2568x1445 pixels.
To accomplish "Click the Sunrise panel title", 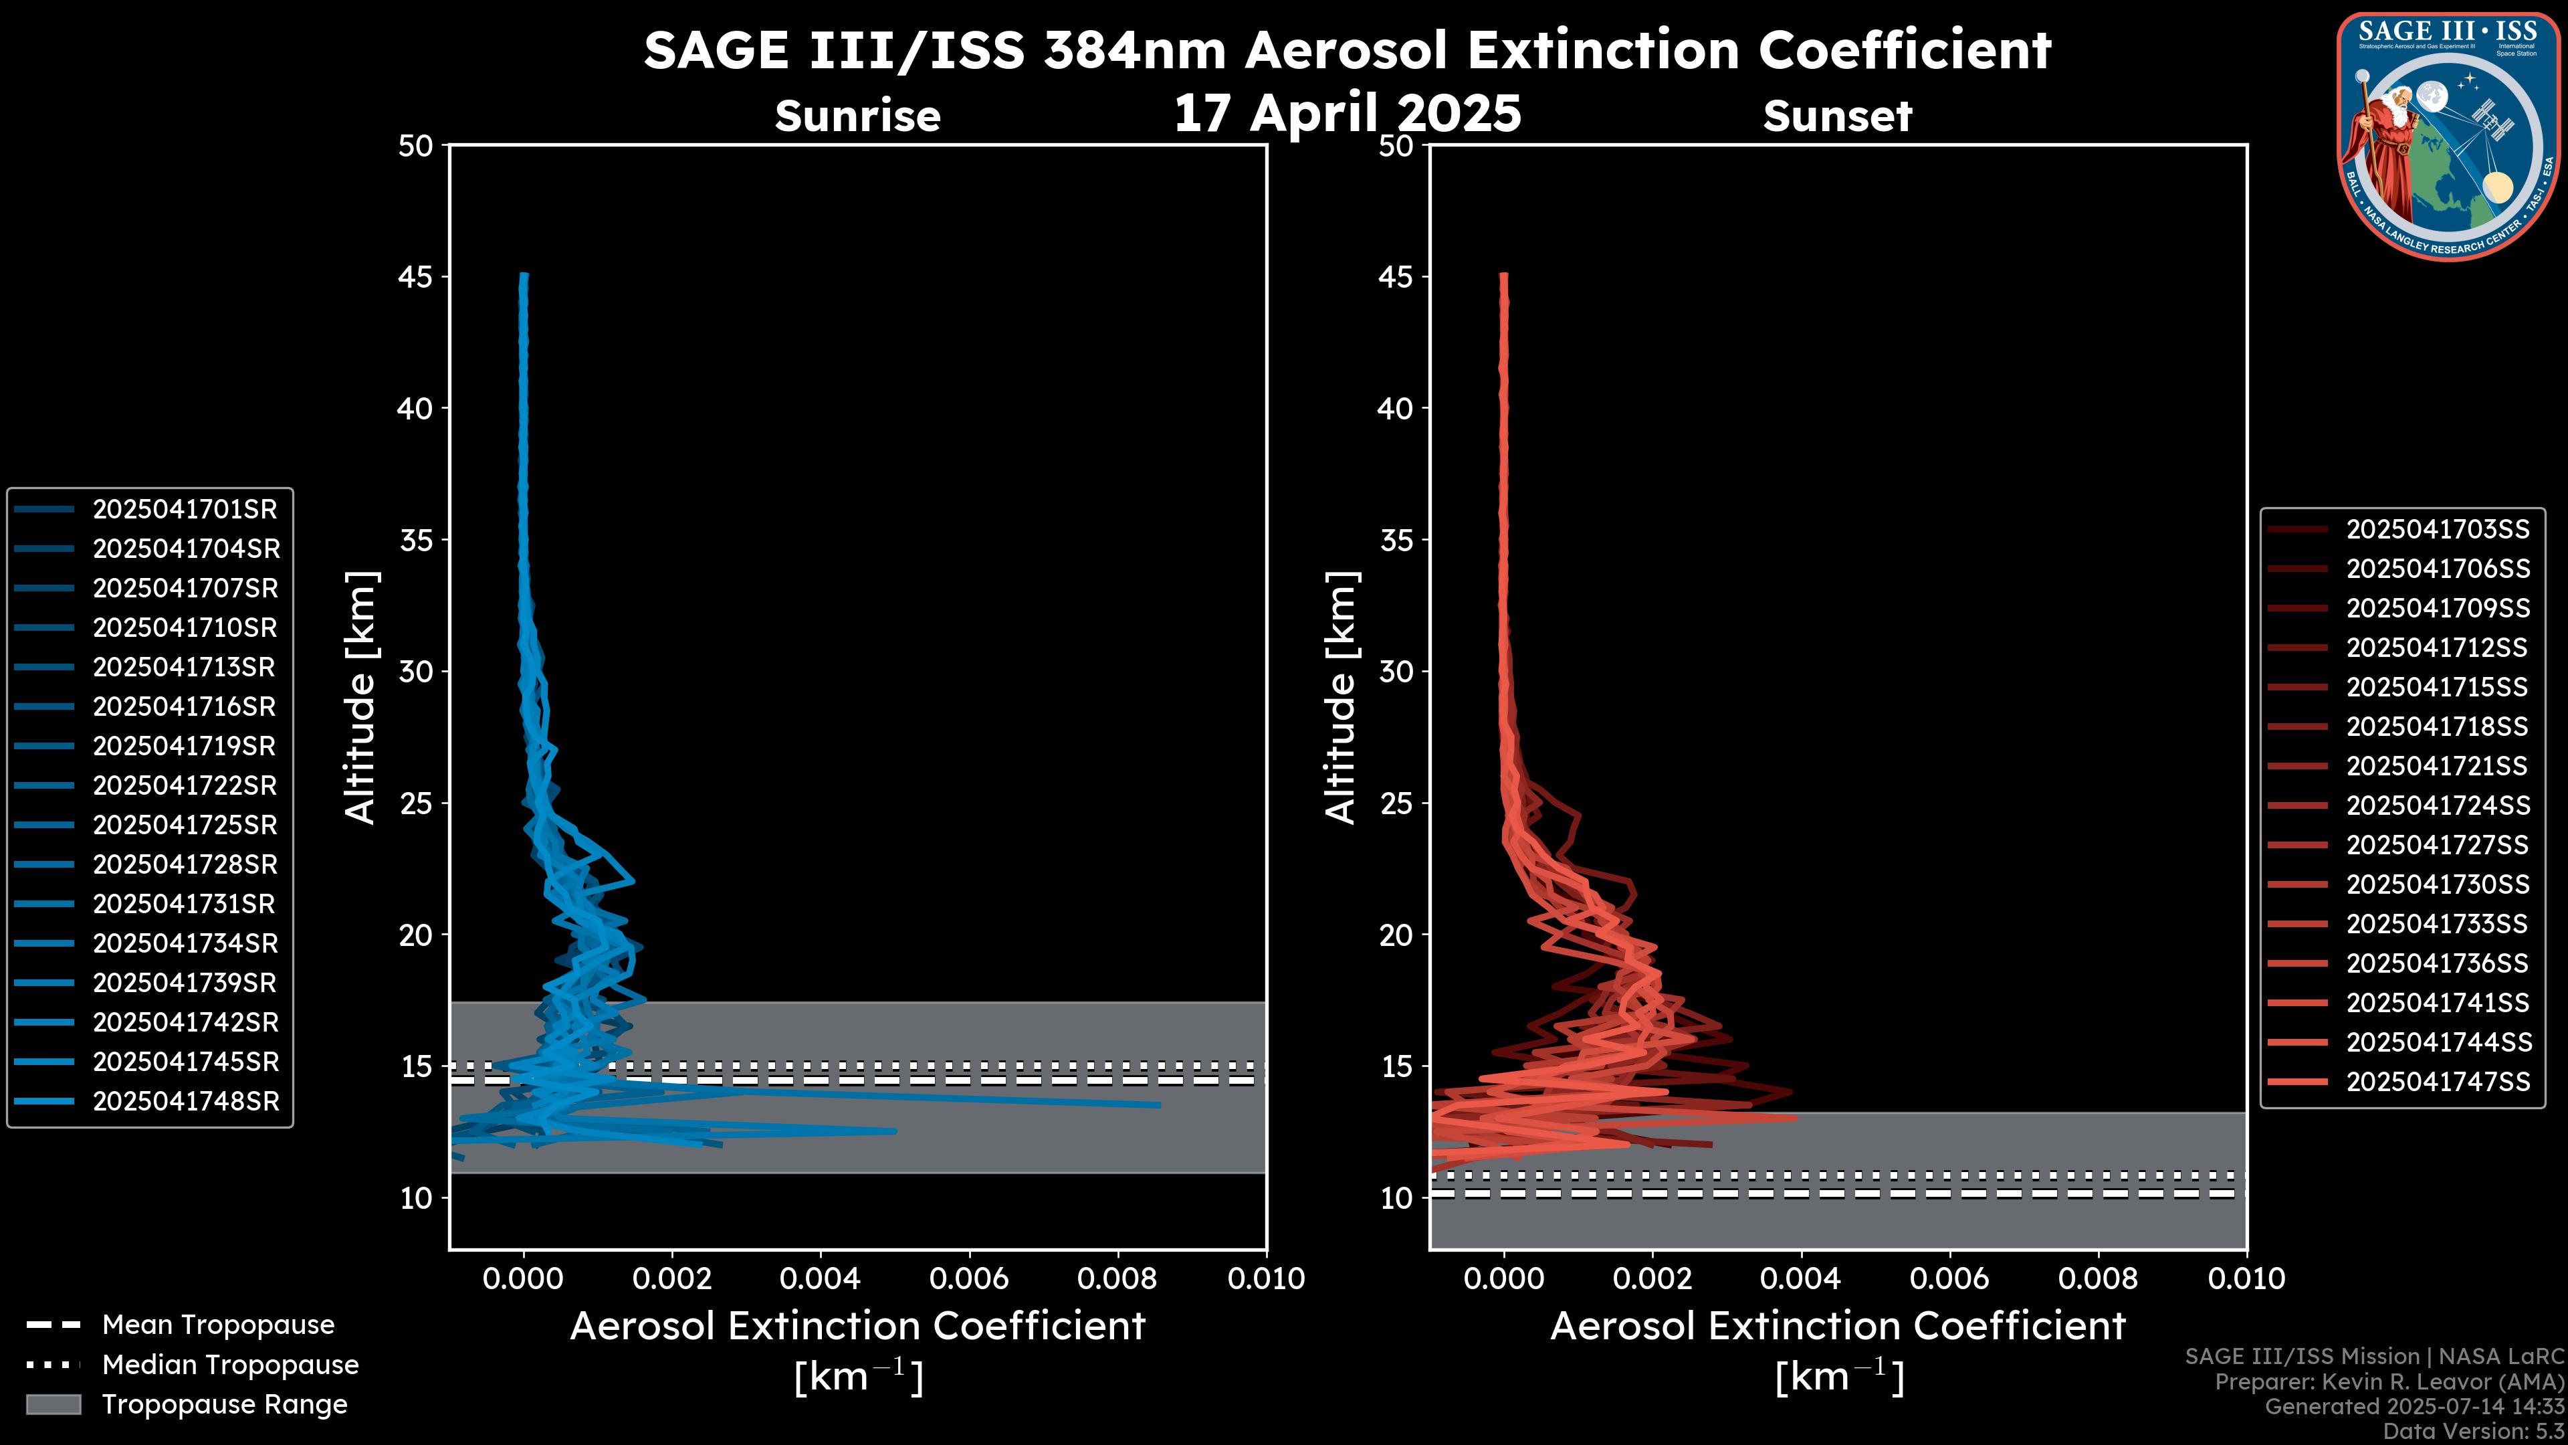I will coord(857,116).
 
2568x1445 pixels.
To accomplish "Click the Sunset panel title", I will coord(1837,116).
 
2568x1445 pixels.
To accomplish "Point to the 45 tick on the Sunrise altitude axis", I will coord(417,276).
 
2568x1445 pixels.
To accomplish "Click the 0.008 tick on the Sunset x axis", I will coord(2099,1278).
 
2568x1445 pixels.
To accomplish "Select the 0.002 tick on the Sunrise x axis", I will coord(672,1278).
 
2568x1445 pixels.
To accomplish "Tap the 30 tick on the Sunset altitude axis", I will coord(1396,671).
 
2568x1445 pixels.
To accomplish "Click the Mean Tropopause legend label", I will coord(218,1325).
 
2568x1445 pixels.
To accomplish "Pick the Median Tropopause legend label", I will coord(230,1365).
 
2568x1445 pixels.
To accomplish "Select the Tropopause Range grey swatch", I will coord(53,1405).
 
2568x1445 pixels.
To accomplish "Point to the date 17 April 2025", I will coord(1347,112).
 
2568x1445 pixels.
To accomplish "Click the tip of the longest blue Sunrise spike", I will coord(1158,1105).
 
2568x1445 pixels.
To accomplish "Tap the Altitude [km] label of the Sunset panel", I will coord(1341,698).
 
